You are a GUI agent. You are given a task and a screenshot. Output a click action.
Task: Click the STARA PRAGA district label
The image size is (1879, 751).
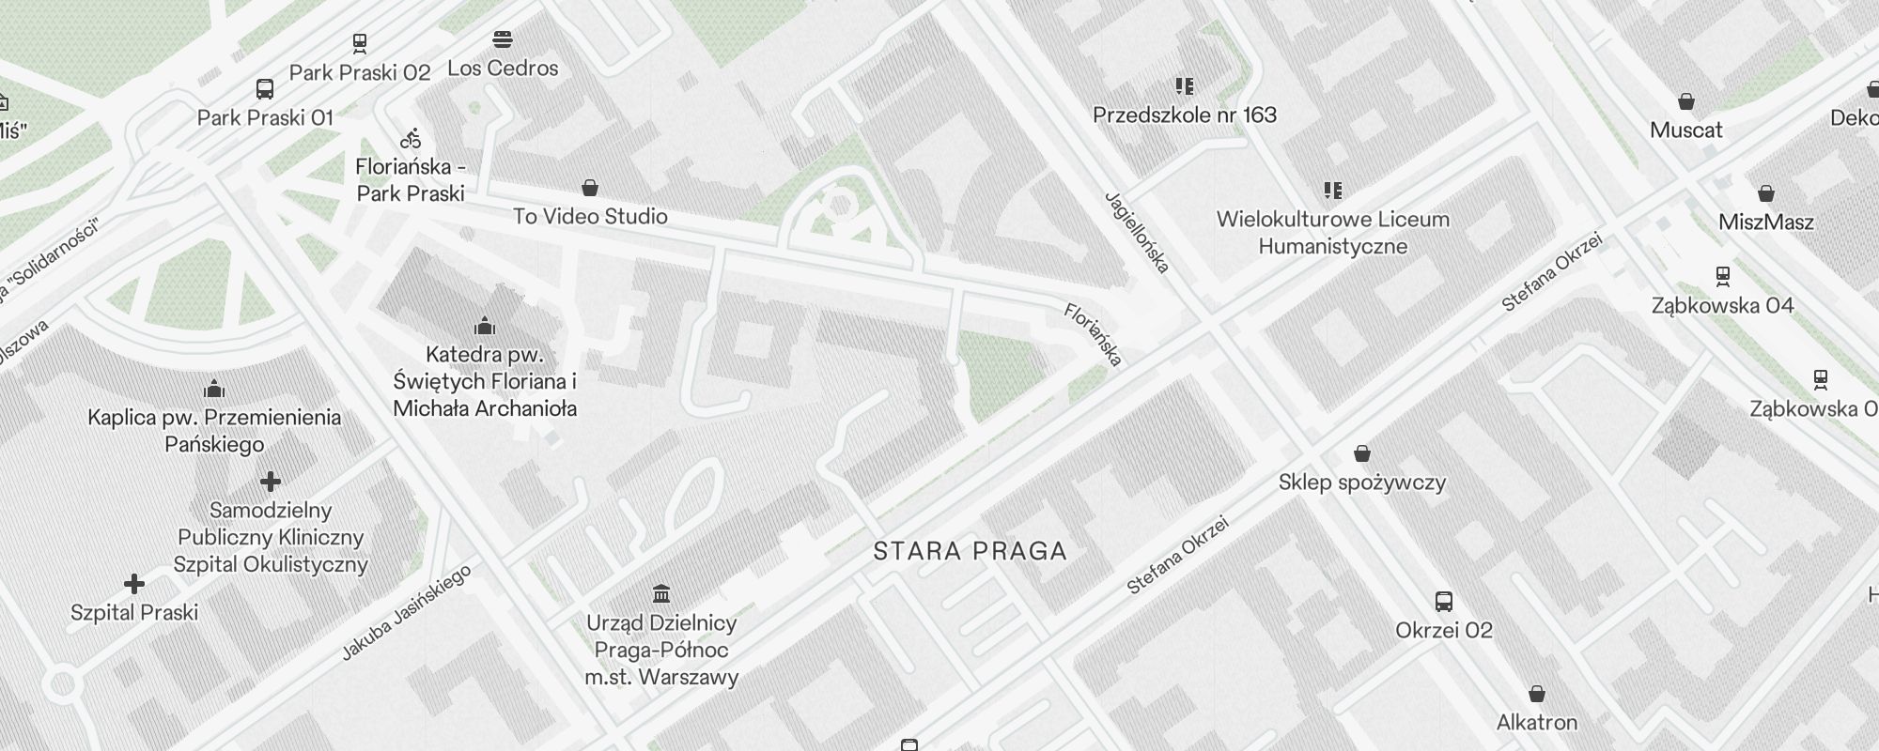(x=970, y=551)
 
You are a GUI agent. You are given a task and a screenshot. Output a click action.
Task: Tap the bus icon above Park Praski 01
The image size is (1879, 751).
(x=265, y=89)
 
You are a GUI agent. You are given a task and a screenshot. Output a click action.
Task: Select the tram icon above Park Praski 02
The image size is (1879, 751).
(x=360, y=43)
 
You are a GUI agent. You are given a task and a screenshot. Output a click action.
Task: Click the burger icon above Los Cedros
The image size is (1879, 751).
(x=503, y=39)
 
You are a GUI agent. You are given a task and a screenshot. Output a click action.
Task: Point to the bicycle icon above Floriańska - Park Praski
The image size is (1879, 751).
(x=411, y=139)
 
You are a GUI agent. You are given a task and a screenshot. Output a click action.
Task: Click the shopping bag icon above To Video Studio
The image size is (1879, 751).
(x=590, y=188)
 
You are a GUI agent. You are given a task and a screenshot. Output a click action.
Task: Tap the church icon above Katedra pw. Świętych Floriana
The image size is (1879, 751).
(x=485, y=326)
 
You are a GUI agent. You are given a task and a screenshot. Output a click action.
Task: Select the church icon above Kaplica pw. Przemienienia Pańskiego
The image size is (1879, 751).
(x=214, y=389)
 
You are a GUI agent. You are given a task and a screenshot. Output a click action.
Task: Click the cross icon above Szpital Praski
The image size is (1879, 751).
(x=134, y=584)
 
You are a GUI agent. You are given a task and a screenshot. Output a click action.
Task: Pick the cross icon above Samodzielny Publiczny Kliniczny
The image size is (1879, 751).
(x=271, y=482)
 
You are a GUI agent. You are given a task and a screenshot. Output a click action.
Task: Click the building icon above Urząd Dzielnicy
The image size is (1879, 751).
(x=661, y=593)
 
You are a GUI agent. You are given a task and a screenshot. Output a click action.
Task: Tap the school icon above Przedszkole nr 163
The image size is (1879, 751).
(x=1185, y=86)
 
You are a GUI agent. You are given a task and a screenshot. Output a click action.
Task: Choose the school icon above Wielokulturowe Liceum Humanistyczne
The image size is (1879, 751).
(x=1332, y=191)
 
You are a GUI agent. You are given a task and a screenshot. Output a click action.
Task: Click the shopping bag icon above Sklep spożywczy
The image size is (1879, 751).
(x=1362, y=454)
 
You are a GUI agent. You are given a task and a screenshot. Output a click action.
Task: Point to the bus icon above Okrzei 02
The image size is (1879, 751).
(x=1444, y=601)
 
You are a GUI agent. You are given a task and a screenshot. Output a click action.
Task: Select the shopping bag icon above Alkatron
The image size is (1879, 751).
(x=1537, y=694)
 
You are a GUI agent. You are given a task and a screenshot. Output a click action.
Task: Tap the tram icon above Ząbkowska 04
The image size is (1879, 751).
(x=1723, y=276)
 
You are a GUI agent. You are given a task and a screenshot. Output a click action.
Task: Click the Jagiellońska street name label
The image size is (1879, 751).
(x=1137, y=232)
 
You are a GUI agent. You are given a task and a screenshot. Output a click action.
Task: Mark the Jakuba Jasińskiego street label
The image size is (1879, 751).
(x=406, y=613)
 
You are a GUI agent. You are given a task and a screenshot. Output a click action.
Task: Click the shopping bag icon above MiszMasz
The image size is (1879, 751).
(x=1766, y=193)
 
